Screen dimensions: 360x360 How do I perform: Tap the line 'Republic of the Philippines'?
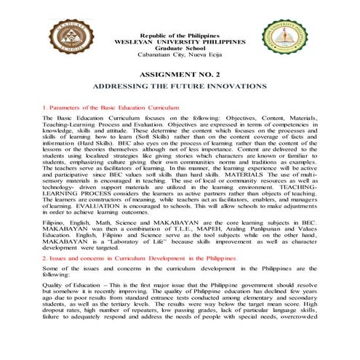coord(180,36)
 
